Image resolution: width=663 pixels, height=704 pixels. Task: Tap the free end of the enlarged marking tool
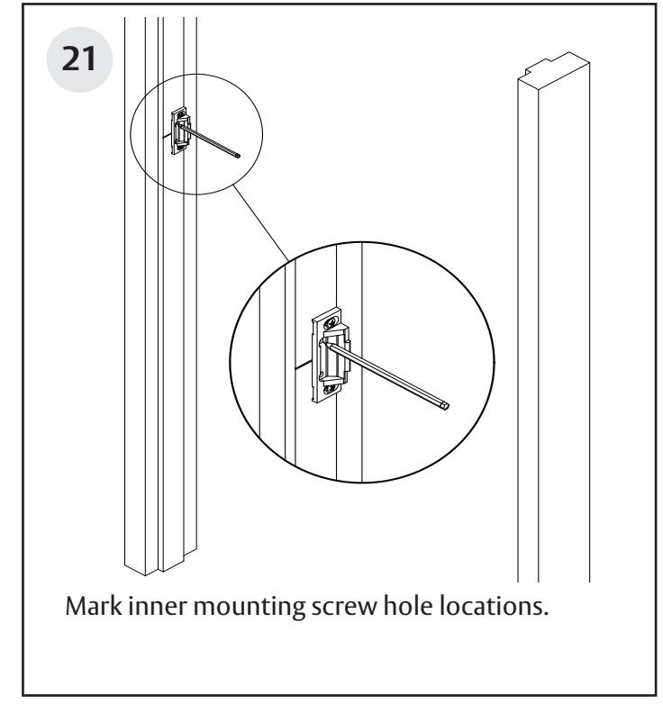tap(448, 406)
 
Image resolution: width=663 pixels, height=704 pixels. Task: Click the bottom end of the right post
tap(554, 576)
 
